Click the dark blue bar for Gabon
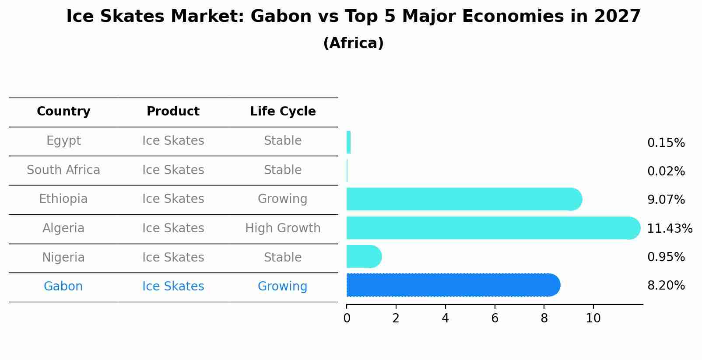tap(453, 285)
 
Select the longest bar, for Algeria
tap(493, 228)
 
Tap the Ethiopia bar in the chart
tap(464, 199)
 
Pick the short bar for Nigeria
tap(364, 256)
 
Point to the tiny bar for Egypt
tap(349, 143)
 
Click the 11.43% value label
tap(669, 228)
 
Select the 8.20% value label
tap(666, 286)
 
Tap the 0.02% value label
tap(666, 171)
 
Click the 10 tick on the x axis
tap(593, 318)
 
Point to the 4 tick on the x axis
tap(445, 318)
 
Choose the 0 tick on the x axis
tap(347, 318)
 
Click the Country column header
tap(63, 112)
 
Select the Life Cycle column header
tap(283, 112)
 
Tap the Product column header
tap(173, 112)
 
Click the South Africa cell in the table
tap(63, 170)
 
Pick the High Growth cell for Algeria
tap(283, 228)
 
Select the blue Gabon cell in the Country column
tap(63, 287)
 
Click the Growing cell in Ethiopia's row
tap(282, 199)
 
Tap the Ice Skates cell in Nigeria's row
tap(173, 258)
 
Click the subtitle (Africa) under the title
tap(353, 43)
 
